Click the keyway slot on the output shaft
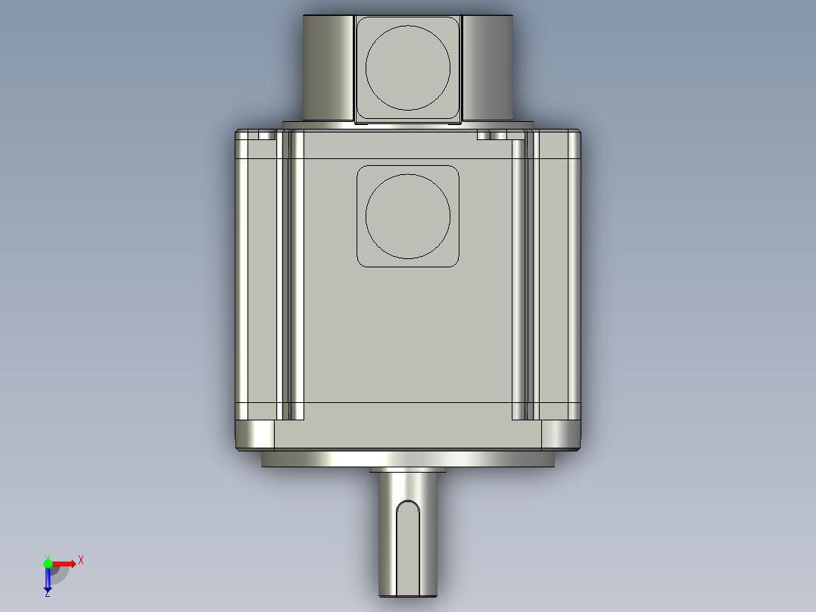pyautogui.click(x=408, y=545)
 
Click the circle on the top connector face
pyautogui.click(x=408, y=67)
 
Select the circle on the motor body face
pyautogui.click(x=408, y=216)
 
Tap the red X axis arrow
pyautogui.click(x=64, y=563)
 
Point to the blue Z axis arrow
pyautogui.click(x=48, y=580)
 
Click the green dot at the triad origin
pyautogui.click(x=48, y=563)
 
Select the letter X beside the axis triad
pyautogui.click(x=81, y=560)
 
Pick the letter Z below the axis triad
pyautogui.click(x=47, y=595)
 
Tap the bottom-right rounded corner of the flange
pyautogui.click(x=561, y=436)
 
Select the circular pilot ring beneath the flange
pyautogui.click(x=408, y=459)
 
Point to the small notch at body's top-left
pyautogui.click(x=266, y=136)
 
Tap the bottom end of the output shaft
pyautogui.click(x=408, y=593)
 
